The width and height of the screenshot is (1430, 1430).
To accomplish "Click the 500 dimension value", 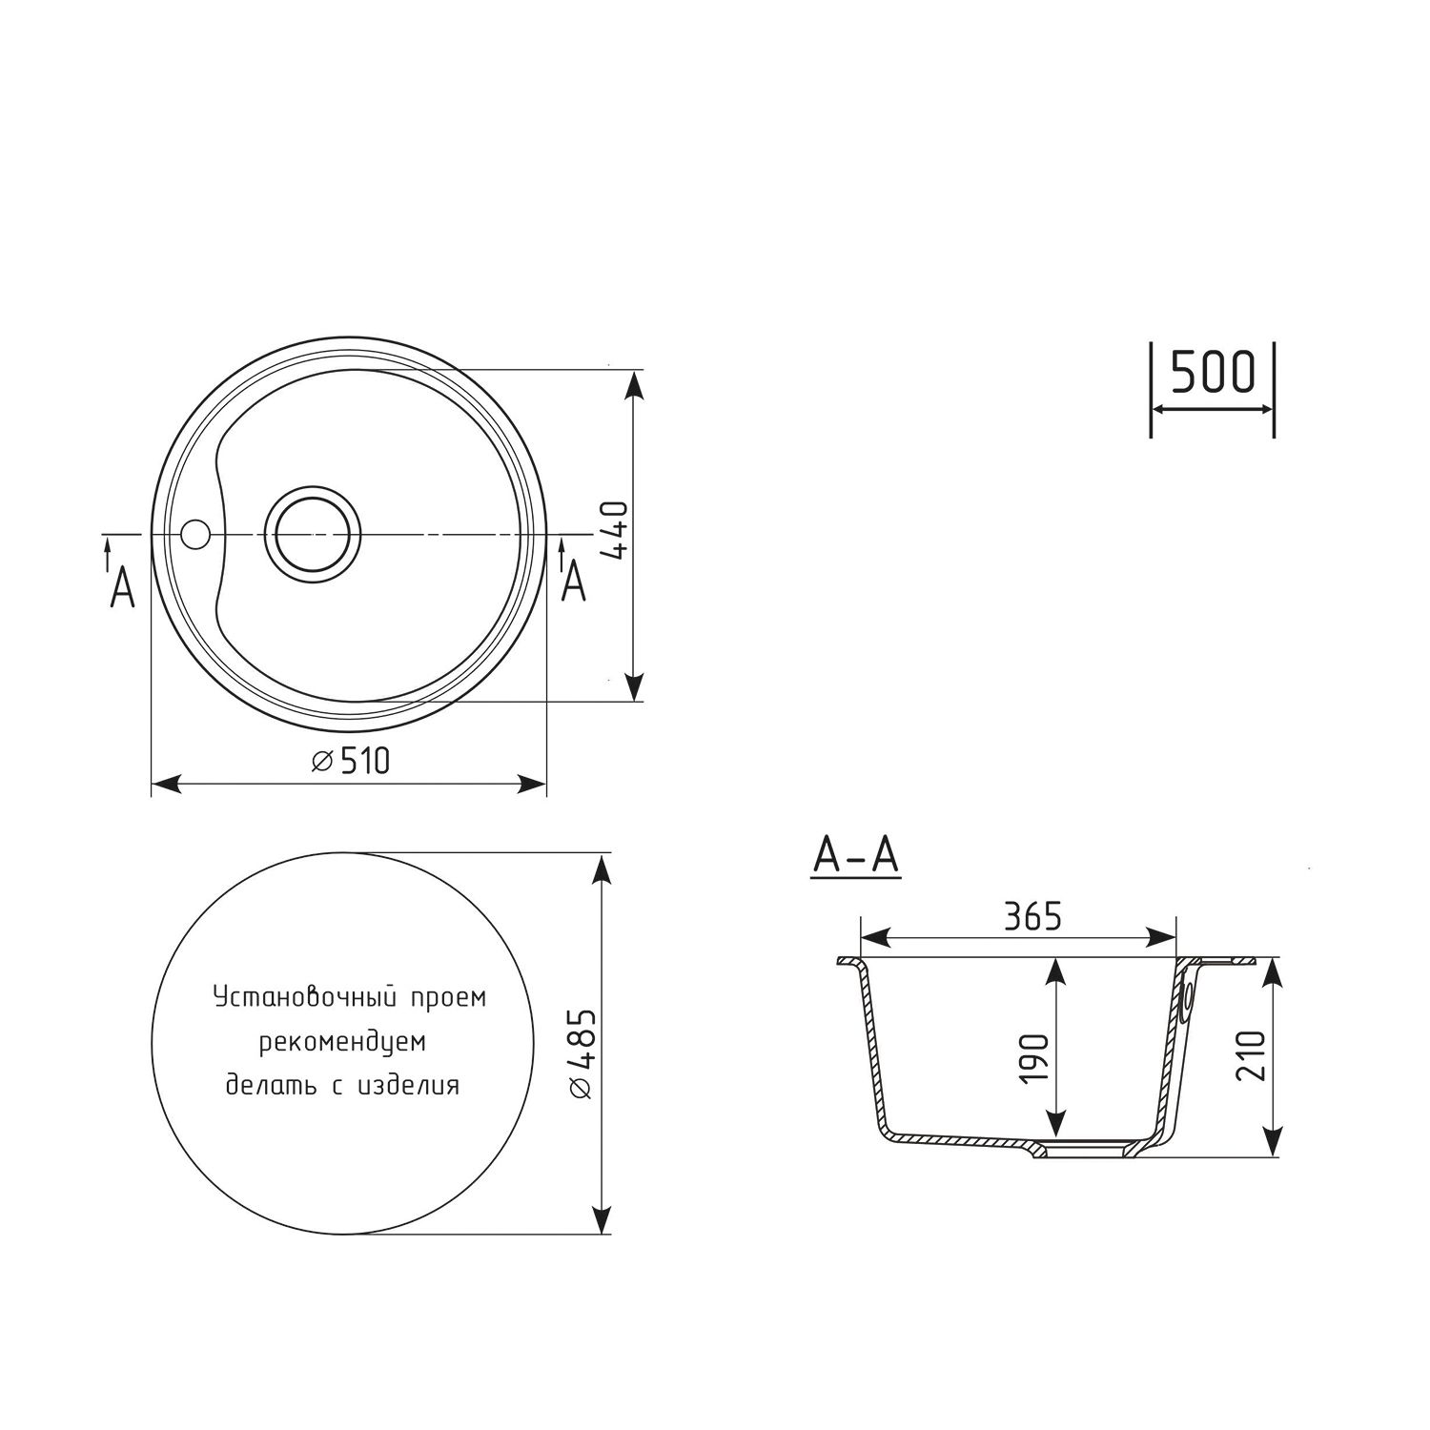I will click(x=1212, y=373).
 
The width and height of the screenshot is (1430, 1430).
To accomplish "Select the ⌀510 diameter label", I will click(x=351, y=761).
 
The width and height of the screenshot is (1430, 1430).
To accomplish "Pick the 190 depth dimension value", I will click(x=1033, y=1057).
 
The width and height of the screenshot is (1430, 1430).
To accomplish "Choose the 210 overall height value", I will click(x=1251, y=1055).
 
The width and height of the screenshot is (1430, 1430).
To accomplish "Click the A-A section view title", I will click(x=855, y=855).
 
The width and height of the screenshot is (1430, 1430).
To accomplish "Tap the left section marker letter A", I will click(x=122, y=588).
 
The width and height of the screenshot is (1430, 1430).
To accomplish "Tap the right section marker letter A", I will click(x=573, y=581).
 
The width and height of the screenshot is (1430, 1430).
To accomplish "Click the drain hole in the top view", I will click(x=313, y=535).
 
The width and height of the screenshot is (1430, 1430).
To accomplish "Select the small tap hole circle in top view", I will click(x=194, y=535).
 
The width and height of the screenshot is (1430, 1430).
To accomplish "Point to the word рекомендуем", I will click(x=342, y=1042).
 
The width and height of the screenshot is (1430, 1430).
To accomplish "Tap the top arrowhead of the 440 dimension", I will click(x=633, y=383).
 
